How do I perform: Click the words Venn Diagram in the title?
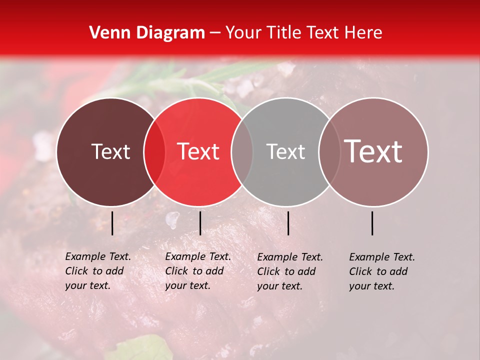tap(147, 33)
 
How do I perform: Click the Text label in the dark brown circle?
tap(110, 152)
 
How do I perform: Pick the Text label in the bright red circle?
tap(198, 152)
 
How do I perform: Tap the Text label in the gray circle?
tap(285, 152)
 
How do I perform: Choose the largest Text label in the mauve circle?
tap(373, 151)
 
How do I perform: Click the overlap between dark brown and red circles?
tap(154, 152)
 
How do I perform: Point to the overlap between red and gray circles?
tap(242, 152)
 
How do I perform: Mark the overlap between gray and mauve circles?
tap(329, 152)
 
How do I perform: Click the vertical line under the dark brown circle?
tap(112, 223)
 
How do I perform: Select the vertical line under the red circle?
tap(200, 223)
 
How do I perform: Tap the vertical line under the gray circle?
tap(288, 223)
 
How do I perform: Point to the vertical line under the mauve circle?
tap(372, 223)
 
